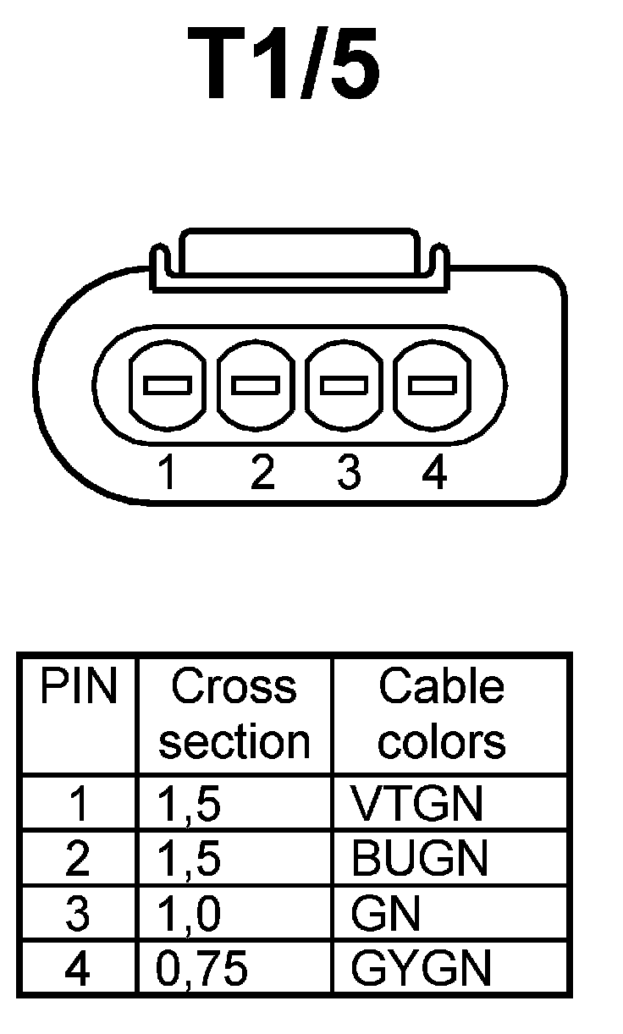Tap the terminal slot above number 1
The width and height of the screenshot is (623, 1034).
pos(168,385)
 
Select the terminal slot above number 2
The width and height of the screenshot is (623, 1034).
pos(256,385)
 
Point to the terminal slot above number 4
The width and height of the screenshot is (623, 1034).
pos(433,385)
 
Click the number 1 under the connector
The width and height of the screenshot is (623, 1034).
pos(168,473)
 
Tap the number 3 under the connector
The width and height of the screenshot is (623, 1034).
pos(348,473)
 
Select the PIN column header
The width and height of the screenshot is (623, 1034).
pos(78,688)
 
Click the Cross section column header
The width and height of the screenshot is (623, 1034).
pos(234,713)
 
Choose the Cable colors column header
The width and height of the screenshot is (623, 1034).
pos(441,713)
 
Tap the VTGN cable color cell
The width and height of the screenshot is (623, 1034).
pos(417,804)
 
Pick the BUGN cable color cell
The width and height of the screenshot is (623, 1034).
pos(420,859)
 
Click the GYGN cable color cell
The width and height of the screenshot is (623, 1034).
pos(421,969)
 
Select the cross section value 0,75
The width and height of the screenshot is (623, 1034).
pos(203,969)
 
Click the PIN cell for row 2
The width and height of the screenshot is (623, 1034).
pos(77,859)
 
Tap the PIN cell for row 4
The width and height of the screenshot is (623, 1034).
pos(77,969)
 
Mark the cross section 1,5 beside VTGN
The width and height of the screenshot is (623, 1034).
pos(190,804)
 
